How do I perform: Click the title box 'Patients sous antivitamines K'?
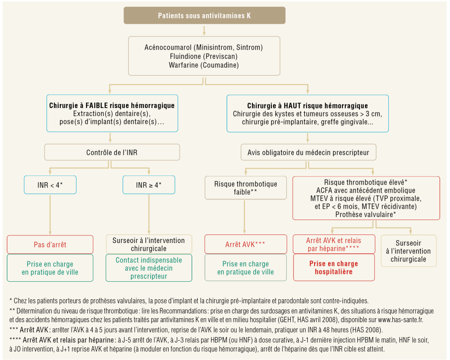[204, 16]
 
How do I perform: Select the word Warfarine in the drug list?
[183, 65]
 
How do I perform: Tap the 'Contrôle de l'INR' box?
[112, 153]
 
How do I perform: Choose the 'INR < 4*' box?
[49, 185]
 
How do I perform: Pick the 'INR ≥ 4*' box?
[149, 185]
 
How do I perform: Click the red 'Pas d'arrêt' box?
[50, 244]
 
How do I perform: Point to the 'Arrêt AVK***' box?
[245, 244]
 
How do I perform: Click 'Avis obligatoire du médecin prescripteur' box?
[308, 153]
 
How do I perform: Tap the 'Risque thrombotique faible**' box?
[245, 188]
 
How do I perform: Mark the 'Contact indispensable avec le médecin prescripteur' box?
[149, 268]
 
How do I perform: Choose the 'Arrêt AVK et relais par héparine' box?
[333, 244]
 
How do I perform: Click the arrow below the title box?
[204, 30]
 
